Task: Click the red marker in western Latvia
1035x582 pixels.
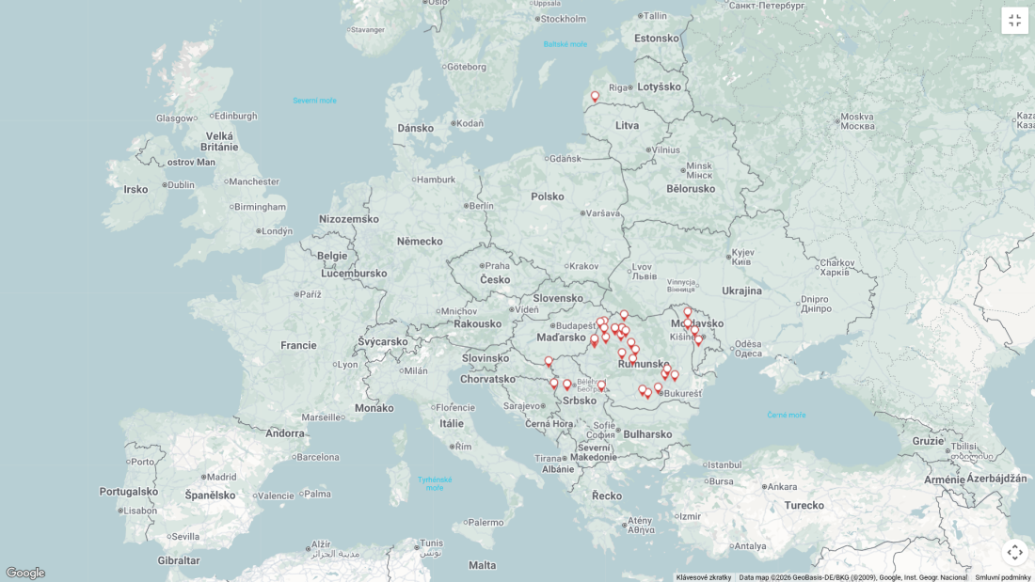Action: pyautogui.click(x=595, y=97)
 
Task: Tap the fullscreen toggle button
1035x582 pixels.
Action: pyautogui.click(x=1014, y=21)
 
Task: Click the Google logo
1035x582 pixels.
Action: pyautogui.click(x=24, y=573)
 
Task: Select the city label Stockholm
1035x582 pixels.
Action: pyautogui.click(x=563, y=19)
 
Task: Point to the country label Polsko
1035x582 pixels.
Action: pyautogui.click(x=547, y=197)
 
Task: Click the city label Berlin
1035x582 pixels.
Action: pyautogui.click(x=481, y=206)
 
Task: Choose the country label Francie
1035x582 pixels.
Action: pyautogui.click(x=298, y=345)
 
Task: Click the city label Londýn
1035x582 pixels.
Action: pyautogui.click(x=277, y=231)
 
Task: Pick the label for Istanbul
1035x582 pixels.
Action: pyautogui.click(x=724, y=464)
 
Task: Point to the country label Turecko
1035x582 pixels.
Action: pyautogui.click(x=804, y=505)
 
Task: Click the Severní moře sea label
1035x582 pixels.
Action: pyautogui.click(x=314, y=101)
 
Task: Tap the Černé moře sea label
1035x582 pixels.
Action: pyautogui.click(x=786, y=415)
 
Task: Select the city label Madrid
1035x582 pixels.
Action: pyautogui.click(x=221, y=477)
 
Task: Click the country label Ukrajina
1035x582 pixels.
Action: pyautogui.click(x=741, y=291)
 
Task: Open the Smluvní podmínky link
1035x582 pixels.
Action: pyautogui.click(x=1002, y=577)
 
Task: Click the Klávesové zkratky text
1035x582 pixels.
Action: pyautogui.click(x=703, y=577)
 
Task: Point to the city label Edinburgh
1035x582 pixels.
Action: pyautogui.click(x=235, y=116)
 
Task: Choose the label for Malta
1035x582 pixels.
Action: pyautogui.click(x=482, y=565)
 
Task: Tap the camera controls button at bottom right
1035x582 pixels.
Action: pyautogui.click(x=1014, y=552)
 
